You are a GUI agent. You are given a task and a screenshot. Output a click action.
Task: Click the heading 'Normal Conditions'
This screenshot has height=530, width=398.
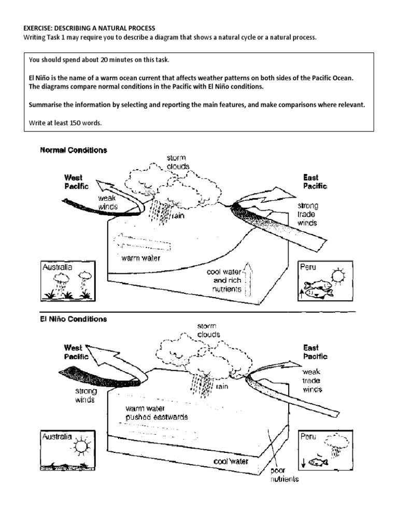(x=74, y=151)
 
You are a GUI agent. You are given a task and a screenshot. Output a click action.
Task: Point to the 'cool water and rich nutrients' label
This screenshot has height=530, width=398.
(x=224, y=281)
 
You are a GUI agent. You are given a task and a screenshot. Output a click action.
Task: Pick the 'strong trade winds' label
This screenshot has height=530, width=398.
(x=308, y=214)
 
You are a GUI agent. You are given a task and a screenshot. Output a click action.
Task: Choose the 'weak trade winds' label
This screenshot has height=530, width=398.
(x=312, y=380)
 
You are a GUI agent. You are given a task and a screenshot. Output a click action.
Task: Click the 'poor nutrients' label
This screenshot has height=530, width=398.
(x=285, y=475)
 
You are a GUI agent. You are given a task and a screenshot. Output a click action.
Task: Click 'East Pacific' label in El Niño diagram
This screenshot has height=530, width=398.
(x=315, y=352)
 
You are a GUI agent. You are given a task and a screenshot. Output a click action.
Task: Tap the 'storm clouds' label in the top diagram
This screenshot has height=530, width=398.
(x=178, y=162)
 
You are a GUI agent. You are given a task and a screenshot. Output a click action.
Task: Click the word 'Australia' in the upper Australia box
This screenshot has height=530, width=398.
(x=58, y=268)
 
